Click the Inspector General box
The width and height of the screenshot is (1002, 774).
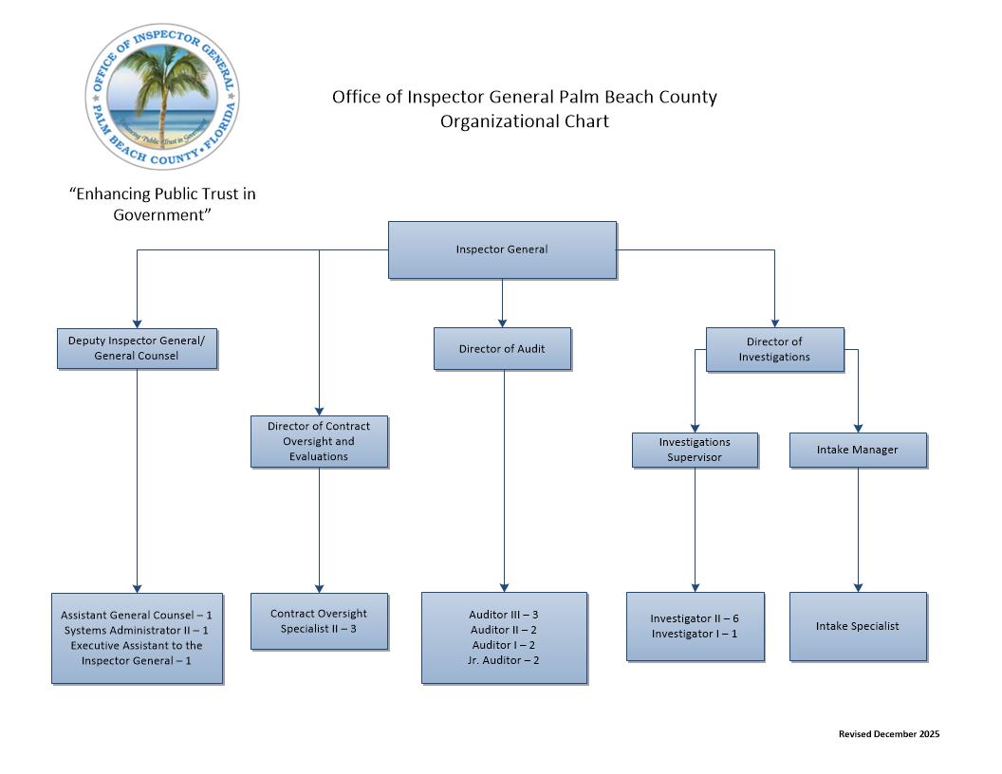502,249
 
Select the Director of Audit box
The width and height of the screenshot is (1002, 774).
502,348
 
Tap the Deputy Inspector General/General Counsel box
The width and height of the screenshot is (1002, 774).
137,348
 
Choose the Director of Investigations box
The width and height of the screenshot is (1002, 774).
774,349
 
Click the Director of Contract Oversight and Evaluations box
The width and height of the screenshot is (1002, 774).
319,441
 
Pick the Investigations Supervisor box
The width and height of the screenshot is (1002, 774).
695,450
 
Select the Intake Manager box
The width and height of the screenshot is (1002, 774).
858,450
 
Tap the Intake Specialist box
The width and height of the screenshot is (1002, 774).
858,626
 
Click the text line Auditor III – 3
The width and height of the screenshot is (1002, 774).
504,615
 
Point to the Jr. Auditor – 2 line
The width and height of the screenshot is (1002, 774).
504,660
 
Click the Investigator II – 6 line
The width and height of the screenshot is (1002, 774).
695,618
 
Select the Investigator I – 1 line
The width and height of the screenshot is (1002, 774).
695,634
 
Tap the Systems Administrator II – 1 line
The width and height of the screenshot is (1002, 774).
137,630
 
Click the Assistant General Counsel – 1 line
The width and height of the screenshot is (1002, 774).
137,615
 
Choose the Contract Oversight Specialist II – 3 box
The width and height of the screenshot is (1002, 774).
319,621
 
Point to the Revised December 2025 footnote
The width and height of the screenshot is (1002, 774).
889,734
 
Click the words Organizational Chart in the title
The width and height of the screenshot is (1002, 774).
524,121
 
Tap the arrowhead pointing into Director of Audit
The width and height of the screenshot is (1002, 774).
502,322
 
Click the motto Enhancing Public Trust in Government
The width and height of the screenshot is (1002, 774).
162,204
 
